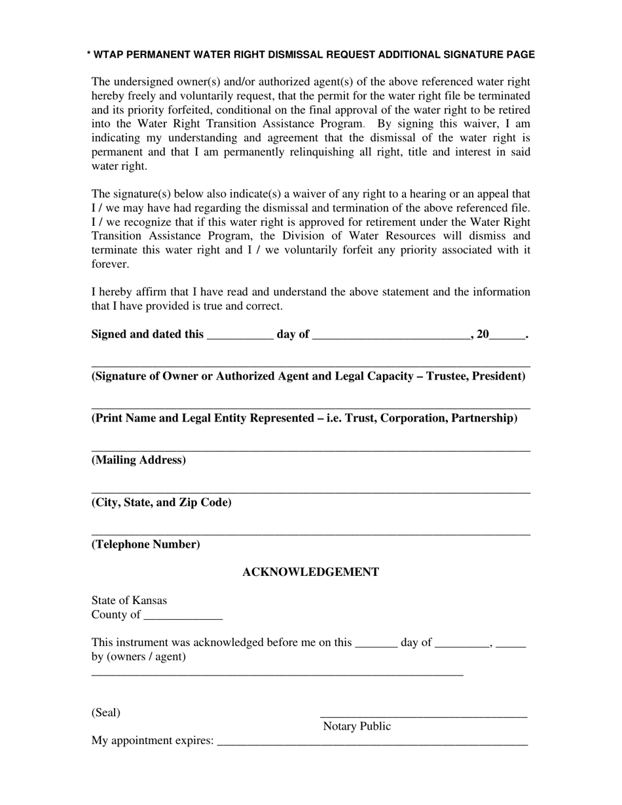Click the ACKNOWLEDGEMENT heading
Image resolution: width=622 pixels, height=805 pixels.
tap(310, 572)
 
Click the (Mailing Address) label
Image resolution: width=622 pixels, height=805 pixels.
tap(138, 460)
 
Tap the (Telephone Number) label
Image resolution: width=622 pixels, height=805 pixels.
tap(145, 545)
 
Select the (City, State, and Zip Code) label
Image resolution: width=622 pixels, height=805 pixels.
tap(161, 503)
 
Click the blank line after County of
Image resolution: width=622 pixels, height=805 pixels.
tap(183, 616)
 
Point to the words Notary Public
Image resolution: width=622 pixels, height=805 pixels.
tap(357, 726)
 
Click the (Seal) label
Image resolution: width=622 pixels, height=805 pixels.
tap(106, 713)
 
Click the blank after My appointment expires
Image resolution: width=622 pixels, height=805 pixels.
tap(372, 742)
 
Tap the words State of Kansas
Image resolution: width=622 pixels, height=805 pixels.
tap(129, 600)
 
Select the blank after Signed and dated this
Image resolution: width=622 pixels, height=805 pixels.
tap(240, 335)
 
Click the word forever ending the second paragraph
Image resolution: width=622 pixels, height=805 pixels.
tap(110, 264)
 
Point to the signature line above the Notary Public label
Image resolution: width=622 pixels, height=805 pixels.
tap(423, 716)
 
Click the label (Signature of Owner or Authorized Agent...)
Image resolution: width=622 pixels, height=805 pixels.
tap(308, 376)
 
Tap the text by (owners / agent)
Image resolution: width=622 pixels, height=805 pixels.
tap(138, 656)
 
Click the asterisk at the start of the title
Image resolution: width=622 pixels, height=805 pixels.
tap(89, 55)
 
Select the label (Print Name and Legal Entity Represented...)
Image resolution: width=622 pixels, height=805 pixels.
tap(304, 418)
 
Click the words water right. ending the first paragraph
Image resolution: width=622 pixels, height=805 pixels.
tap(119, 166)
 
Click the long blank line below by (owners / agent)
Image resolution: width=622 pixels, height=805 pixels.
tap(277, 673)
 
